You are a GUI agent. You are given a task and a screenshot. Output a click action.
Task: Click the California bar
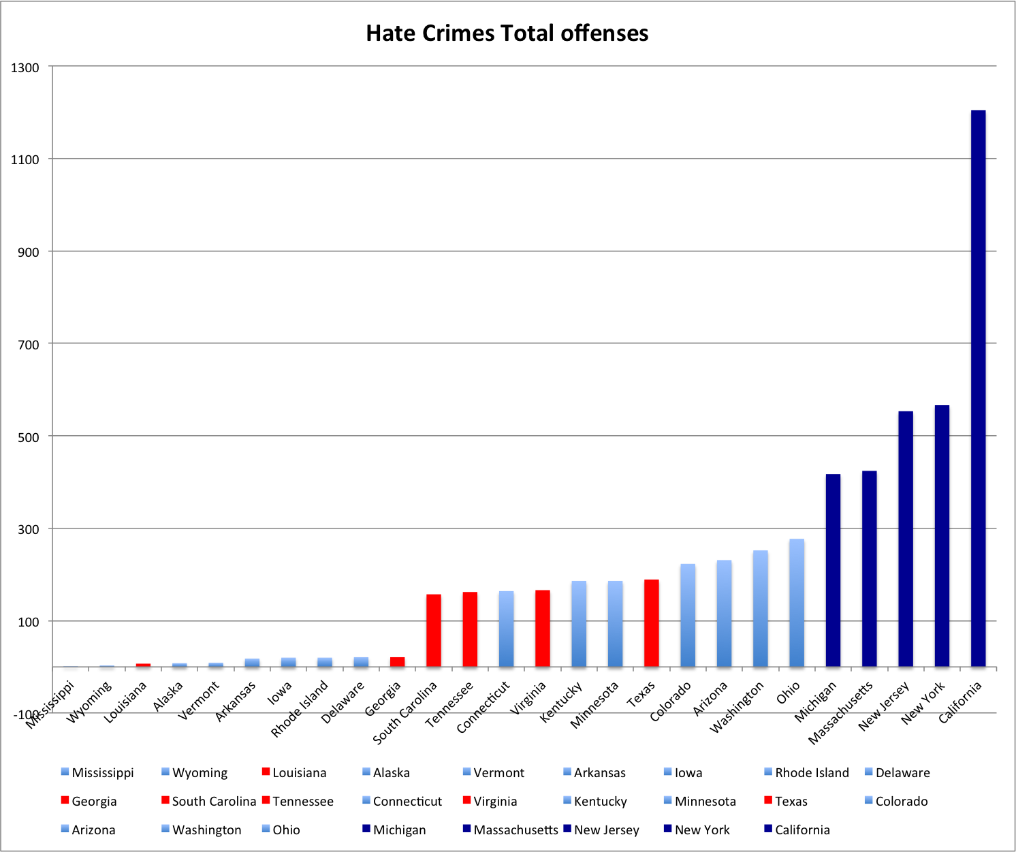point(978,388)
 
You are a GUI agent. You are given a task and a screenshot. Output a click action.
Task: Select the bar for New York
point(942,536)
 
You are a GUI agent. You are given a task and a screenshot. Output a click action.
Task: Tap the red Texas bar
point(652,623)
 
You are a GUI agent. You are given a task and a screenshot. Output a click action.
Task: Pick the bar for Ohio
point(797,603)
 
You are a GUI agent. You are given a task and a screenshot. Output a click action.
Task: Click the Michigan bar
point(833,570)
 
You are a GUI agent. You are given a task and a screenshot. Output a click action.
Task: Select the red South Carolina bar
point(434,631)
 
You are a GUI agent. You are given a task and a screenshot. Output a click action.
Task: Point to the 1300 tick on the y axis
point(25,67)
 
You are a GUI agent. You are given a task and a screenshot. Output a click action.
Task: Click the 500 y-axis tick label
point(28,437)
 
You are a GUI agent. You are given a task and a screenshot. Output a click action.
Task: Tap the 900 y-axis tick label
point(28,252)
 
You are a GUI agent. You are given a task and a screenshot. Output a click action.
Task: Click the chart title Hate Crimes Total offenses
point(507,33)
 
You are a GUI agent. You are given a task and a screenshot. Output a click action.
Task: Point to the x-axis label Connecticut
point(483,707)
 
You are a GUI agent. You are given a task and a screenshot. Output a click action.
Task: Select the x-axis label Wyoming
point(89,702)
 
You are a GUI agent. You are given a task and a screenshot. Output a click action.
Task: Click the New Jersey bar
point(906,539)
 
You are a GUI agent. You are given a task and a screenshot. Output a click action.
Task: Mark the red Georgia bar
point(397,662)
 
